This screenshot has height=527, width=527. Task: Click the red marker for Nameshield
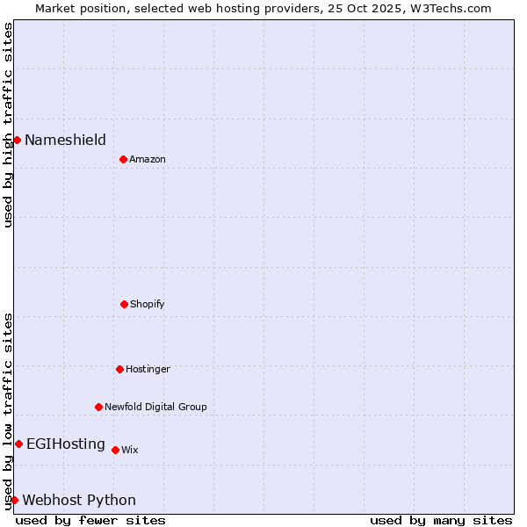pos(17,140)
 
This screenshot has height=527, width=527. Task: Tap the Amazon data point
pos(123,159)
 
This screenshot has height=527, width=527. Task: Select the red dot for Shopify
pos(124,304)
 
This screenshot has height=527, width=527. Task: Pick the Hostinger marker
pos(119,369)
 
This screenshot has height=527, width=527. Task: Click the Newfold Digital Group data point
pos(98,407)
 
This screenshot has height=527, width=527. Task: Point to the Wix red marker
pos(115,450)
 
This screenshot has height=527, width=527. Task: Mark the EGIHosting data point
pos(18,444)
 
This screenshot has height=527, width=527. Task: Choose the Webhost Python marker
pos(14,500)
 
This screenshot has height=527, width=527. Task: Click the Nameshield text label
pos(65,140)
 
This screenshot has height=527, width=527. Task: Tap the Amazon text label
pos(148,159)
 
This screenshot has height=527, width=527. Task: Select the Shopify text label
pos(148,304)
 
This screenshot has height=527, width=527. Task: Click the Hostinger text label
pos(148,369)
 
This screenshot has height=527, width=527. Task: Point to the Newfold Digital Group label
pos(156,407)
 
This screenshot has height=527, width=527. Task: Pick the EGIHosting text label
pos(66,444)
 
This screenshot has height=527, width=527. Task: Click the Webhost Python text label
pos(79,500)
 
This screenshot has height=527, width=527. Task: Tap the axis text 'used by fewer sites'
pos(90,520)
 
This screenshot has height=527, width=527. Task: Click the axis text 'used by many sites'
pos(441,520)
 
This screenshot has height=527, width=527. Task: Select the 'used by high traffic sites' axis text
pos(8,125)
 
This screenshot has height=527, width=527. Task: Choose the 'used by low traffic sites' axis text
pos(8,410)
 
